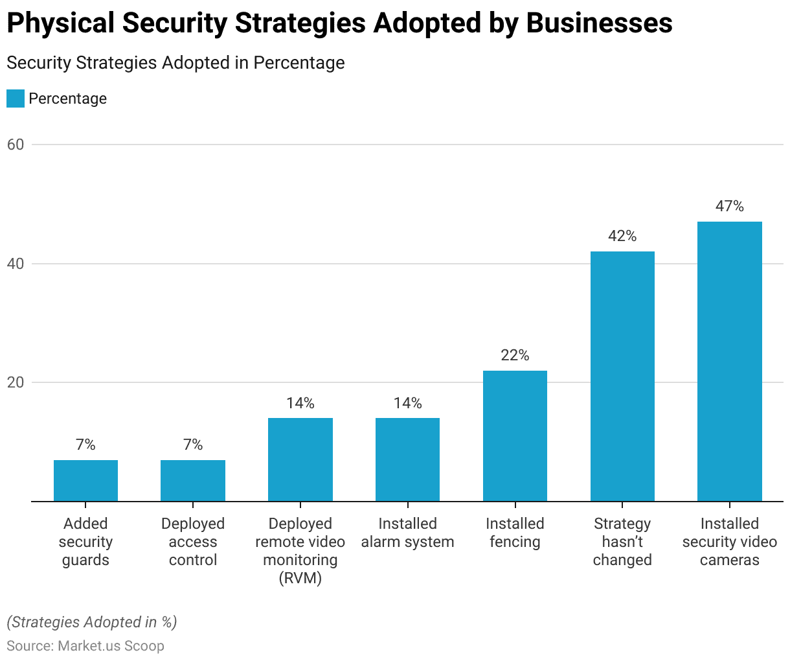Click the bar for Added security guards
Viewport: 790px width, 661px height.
[x=85, y=480]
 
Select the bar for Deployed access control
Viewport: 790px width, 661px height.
[x=193, y=480]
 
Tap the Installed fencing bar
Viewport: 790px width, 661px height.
[x=515, y=435]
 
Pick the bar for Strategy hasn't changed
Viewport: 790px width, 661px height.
[x=622, y=376]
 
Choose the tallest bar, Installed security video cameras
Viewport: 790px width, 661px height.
[x=730, y=361]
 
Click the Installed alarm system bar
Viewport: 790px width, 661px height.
[x=407, y=459]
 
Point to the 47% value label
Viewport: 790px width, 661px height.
[x=730, y=206]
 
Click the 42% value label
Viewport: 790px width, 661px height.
[x=622, y=236]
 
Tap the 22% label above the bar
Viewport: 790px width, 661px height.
[x=515, y=355]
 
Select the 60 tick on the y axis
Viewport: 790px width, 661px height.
[x=16, y=145]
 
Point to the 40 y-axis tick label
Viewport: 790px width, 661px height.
[x=16, y=264]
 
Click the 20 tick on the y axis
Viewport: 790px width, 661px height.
[x=16, y=382]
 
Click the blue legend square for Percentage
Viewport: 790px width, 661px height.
[x=16, y=99]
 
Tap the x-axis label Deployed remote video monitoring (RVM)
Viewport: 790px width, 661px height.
[x=300, y=550]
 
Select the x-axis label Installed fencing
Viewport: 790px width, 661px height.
[x=515, y=533]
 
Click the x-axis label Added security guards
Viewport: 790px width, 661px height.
[x=85, y=542]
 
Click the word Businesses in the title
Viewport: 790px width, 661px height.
[x=599, y=23]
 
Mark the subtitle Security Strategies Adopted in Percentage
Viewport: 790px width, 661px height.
[x=175, y=63]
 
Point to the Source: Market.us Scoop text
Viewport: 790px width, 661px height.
[x=85, y=645]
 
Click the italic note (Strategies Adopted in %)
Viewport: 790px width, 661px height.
[x=92, y=622]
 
